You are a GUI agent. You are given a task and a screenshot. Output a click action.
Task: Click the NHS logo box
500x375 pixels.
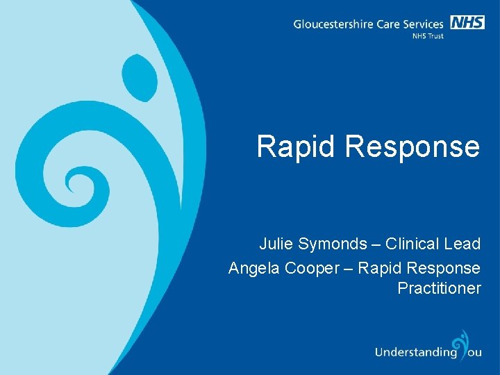pyautogui.click(x=467, y=22)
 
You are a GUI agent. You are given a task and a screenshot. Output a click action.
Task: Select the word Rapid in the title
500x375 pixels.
pyautogui.click(x=296, y=147)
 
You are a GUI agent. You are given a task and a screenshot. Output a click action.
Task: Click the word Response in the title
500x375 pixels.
pyautogui.click(x=413, y=147)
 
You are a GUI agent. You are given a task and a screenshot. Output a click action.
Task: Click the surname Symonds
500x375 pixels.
pyautogui.click(x=331, y=244)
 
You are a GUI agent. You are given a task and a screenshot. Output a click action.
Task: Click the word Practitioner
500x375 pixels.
pyautogui.click(x=439, y=287)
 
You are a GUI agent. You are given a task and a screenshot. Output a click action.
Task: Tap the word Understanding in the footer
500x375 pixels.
pyautogui.click(x=415, y=352)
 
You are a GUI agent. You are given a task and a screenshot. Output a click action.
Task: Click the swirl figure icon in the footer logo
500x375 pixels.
pyautogui.click(x=460, y=344)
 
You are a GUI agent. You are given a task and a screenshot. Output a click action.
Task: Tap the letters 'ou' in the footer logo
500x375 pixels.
pyautogui.click(x=474, y=352)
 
